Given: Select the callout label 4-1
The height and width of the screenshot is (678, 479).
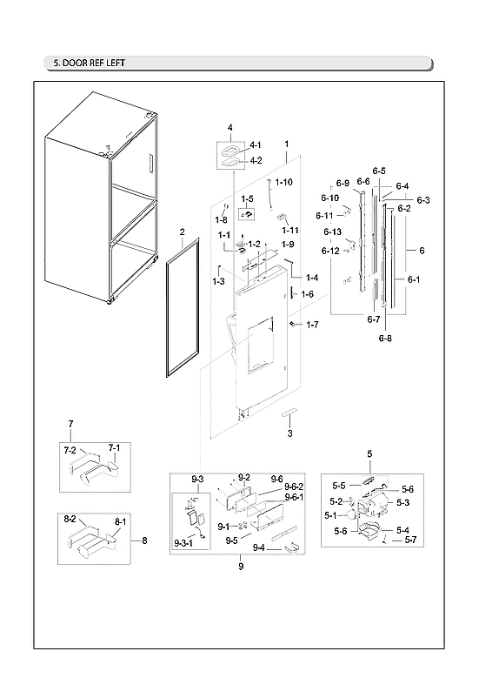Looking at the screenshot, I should coord(256,145).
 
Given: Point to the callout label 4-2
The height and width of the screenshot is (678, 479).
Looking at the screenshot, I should coord(256,160).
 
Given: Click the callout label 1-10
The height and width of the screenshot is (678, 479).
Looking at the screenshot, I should coord(285,182).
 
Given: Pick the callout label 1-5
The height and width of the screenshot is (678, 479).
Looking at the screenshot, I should coord(248,199).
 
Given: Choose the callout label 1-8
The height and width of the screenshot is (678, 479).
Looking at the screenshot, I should coord(221,220).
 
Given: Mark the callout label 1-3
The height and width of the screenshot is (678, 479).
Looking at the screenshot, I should coord(218,280).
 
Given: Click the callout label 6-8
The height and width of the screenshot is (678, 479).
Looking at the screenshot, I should coord(384,338).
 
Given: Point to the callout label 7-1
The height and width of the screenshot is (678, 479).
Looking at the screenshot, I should coord(114,447).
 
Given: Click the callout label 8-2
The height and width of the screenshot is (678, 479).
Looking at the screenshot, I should coord(71,519).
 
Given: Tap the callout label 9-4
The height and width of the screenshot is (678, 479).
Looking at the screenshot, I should coord(259,548).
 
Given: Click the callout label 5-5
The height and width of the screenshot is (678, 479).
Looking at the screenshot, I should coord(340,485).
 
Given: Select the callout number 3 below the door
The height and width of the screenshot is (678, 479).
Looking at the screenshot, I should coord(289,433).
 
